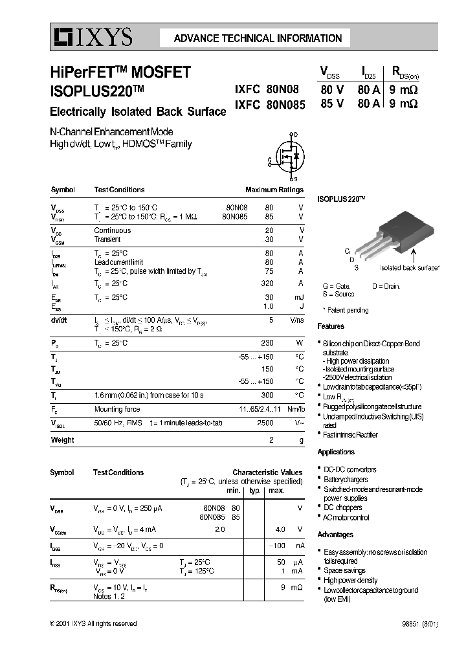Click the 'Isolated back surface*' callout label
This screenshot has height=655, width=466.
click(409, 267)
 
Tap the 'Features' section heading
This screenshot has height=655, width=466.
click(331, 326)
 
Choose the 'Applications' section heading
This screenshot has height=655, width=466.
click(336, 452)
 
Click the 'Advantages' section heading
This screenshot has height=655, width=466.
click(335, 535)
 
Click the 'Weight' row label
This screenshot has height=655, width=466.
click(62, 440)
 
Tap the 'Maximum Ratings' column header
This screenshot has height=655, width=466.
click(274, 190)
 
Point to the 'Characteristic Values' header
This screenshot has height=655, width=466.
click(267, 473)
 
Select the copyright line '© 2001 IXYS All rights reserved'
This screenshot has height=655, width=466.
click(93, 623)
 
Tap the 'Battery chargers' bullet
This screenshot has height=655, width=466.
click(346, 480)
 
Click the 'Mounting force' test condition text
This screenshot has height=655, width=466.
click(117, 409)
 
